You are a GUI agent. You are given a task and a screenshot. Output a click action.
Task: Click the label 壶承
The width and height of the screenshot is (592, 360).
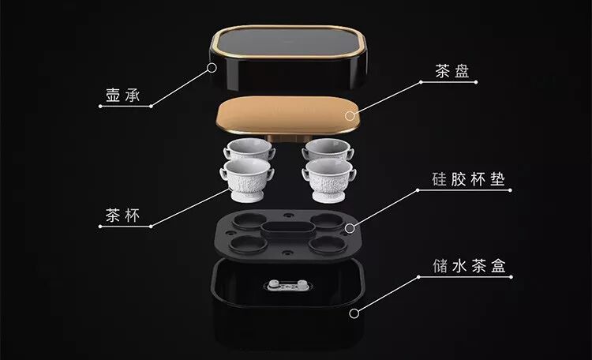[x=122, y=96]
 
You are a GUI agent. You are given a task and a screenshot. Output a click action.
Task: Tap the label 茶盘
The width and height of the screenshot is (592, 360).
[x=452, y=71]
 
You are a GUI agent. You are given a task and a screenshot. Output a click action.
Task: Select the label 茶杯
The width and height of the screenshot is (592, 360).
[x=122, y=216]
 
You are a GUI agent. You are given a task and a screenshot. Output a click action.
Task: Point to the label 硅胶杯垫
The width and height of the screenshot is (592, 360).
[x=469, y=179]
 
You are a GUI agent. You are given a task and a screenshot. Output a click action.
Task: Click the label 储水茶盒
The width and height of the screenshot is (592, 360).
[x=470, y=266]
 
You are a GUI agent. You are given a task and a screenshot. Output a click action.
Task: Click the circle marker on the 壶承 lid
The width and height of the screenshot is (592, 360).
[x=212, y=68]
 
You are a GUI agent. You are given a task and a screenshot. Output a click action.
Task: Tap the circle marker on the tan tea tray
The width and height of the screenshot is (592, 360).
[x=350, y=115]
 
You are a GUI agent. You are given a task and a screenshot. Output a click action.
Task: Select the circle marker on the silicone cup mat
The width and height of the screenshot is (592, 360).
[x=350, y=228]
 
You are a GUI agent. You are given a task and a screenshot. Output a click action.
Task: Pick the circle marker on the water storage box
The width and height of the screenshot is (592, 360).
[x=354, y=313]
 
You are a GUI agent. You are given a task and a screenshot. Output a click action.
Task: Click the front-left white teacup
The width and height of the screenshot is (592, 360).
[x=246, y=179]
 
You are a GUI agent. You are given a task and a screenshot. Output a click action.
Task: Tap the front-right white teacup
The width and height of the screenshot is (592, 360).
[x=329, y=180]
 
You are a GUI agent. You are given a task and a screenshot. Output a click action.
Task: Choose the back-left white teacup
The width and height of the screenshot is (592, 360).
[x=249, y=148]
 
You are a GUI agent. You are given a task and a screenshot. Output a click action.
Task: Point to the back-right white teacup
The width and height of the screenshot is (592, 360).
[x=328, y=148]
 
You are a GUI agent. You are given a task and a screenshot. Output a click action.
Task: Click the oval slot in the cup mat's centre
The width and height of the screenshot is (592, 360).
[x=288, y=230]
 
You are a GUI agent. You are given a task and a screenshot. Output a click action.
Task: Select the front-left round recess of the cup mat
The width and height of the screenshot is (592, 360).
[x=248, y=245]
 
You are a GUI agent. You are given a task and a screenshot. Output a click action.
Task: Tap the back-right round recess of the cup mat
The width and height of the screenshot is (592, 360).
[x=327, y=220]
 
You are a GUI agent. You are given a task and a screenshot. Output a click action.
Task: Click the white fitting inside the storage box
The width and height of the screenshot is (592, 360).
[x=288, y=285]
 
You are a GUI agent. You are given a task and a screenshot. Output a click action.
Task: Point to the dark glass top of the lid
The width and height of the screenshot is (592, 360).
[x=287, y=43]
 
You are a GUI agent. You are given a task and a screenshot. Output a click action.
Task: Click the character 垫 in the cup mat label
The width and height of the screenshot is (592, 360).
[x=497, y=179]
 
